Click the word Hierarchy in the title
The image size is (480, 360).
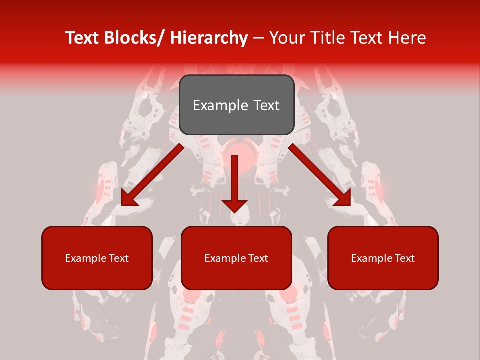(x=209, y=38)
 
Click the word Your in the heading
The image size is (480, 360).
(x=287, y=38)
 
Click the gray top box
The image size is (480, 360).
(x=236, y=105)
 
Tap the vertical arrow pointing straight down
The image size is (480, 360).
(x=234, y=180)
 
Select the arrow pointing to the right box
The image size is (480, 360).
(x=320, y=175)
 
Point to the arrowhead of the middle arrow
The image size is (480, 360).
(x=234, y=205)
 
